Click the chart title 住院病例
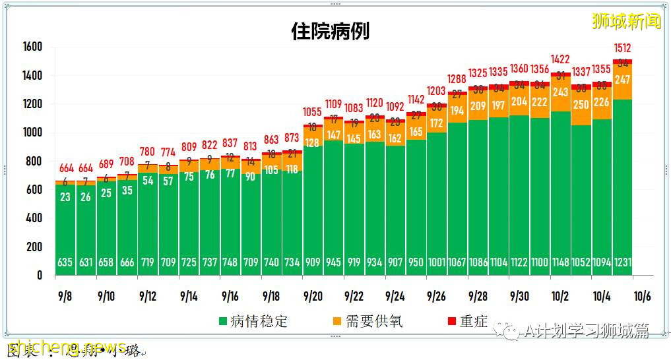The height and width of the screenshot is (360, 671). (x=330, y=31)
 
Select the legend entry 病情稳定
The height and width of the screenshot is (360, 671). (x=254, y=322)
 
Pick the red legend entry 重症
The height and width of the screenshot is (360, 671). (x=467, y=322)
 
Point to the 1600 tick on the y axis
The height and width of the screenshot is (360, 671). (x=32, y=47)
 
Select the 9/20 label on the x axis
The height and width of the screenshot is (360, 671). (x=313, y=296)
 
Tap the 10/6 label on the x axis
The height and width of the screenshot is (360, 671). (x=643, y=296)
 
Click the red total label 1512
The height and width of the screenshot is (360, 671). (x=622, y=48)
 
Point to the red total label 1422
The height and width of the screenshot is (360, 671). (x=561, y=60)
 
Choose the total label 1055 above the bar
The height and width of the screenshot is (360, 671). (x=313, y=112)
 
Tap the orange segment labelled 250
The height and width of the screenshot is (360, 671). (x=581, y=105)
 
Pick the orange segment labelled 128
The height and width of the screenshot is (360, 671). (x=313, y=143)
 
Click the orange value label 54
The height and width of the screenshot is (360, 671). (x=147, y=181)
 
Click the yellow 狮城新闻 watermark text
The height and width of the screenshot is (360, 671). (x=625, y=21)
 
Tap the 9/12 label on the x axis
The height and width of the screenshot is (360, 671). (x=148, y=296)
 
